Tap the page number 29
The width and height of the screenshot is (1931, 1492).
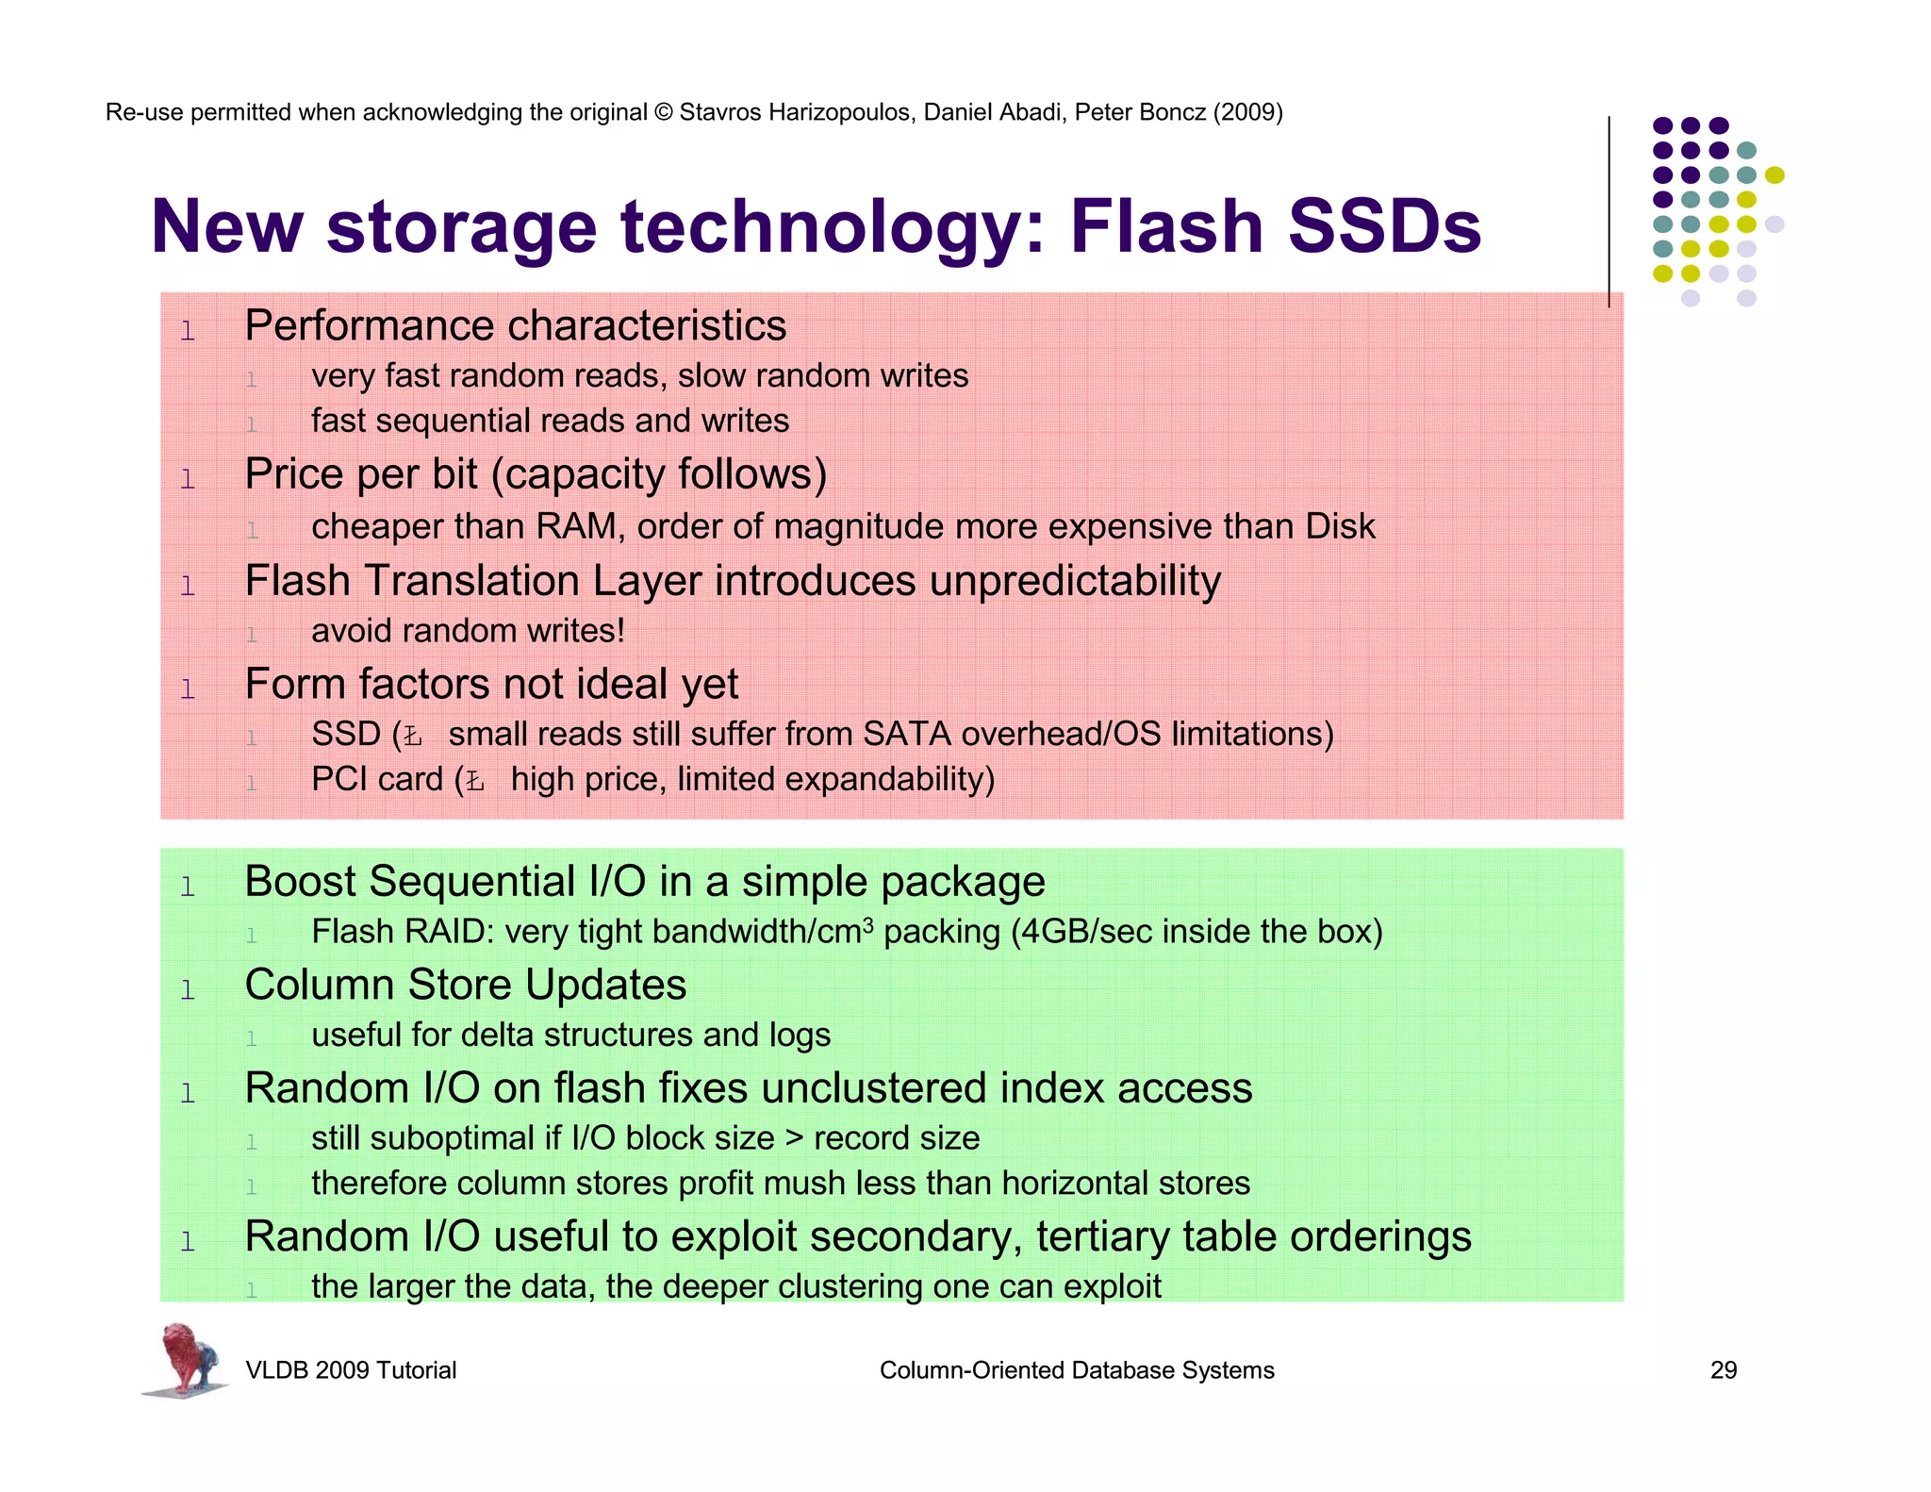coord(1723,1370)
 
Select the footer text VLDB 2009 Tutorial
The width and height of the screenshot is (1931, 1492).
coord(350,1370)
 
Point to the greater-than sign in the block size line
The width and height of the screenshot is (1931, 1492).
coord(794,1139)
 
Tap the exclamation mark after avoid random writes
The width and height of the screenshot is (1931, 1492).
coord(620,630)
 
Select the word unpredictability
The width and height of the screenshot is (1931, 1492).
coord(1075,581)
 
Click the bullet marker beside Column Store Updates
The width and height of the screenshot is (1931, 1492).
coord(188,990)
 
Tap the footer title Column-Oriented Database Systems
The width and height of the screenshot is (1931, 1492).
coord(1076,1370)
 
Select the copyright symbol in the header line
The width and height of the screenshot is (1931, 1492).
coord(663,112)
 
